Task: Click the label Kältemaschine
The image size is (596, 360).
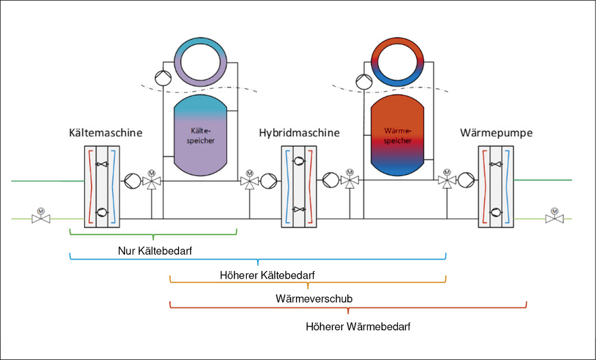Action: (105, 133)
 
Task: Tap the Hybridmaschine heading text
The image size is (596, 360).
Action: (299, 133)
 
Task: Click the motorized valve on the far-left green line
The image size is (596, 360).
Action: (40, 218)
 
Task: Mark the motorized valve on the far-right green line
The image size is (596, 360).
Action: (554, 218)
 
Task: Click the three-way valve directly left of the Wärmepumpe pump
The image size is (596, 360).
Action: (447, 182)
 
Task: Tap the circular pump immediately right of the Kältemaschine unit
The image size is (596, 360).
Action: (131, 182)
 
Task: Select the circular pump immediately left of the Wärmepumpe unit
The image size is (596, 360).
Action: (467, 182)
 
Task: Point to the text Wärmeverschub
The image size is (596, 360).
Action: (314, 299)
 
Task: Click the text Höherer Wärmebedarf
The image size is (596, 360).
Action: (358, 327)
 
